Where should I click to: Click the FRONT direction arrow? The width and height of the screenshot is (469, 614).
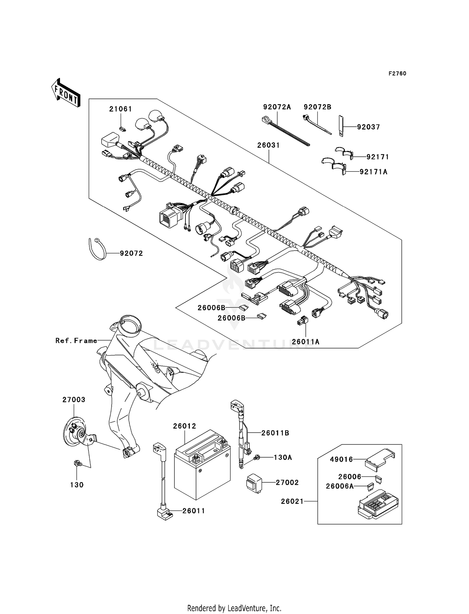[66, 94]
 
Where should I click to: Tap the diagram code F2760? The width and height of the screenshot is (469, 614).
[397, 74]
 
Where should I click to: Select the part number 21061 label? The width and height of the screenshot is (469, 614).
[120, 109]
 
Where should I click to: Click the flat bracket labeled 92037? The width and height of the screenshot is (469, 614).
[341, 126]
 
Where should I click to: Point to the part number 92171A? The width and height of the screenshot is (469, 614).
[373, 172]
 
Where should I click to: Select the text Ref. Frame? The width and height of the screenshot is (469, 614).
[76, 341]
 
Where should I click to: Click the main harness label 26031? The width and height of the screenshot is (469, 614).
[268, 145]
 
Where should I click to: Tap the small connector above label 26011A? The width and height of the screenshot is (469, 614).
[302, 320]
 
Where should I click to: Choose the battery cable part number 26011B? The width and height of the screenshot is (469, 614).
[275, 433]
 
